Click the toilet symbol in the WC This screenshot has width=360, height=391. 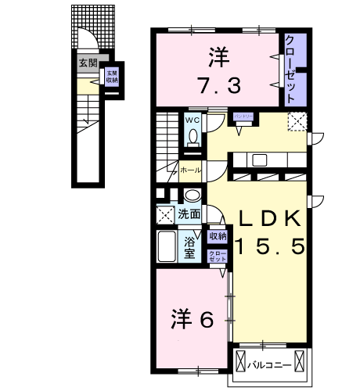click(x=193, y=136)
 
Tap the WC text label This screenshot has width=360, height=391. click(x=193, y=120)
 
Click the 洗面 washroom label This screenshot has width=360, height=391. click(x=188, y=213)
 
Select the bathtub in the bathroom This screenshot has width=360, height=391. click(x=166, y=246)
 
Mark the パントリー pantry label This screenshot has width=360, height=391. click(x=243, y=117)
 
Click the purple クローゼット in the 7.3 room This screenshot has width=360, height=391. click(x=290, y=69)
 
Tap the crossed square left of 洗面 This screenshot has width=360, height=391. click(x=164, y=213)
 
